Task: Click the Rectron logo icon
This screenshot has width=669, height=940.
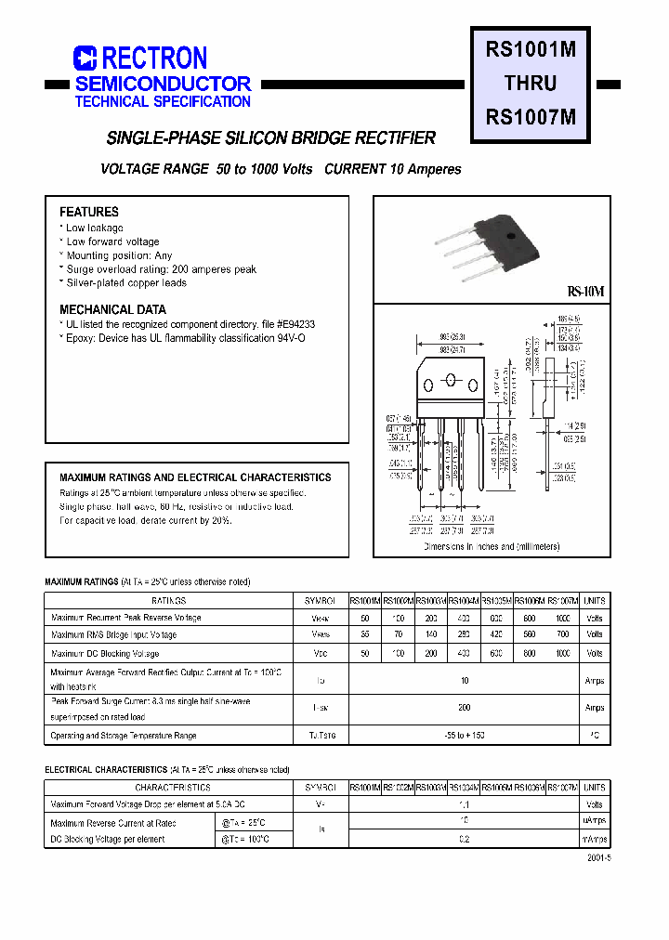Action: [x=85, y=59]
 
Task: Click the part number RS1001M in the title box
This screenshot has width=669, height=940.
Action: [x=531, y=51]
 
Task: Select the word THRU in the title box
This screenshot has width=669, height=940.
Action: [x=531, y=84]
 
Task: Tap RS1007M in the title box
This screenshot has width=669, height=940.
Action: [x=531, y=117]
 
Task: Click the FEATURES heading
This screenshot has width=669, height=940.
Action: [x=89, y=212]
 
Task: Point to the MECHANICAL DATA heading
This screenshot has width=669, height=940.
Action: [x=112, y=309]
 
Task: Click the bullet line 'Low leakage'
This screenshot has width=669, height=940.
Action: [x=94, y=228]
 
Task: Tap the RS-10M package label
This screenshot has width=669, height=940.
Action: [x=585, y=292]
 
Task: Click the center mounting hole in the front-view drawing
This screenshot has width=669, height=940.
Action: [x=451, y=379]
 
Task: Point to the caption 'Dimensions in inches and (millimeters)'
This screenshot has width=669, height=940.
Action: [x=492, y=547]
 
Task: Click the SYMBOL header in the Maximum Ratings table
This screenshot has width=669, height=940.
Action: [x=321, y=601]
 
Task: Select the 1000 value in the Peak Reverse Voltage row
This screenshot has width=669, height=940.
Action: [x=563, y=618]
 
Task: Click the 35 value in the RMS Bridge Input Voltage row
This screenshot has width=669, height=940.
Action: [x=365, y=634]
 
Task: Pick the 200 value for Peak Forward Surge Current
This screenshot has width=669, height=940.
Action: [x=465, y=707]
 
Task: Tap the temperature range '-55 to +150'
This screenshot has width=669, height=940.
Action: [x=465, y=735]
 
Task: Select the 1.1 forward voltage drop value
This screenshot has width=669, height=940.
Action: [x=465, y=804]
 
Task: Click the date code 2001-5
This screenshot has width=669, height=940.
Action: [x=598, y=858]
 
